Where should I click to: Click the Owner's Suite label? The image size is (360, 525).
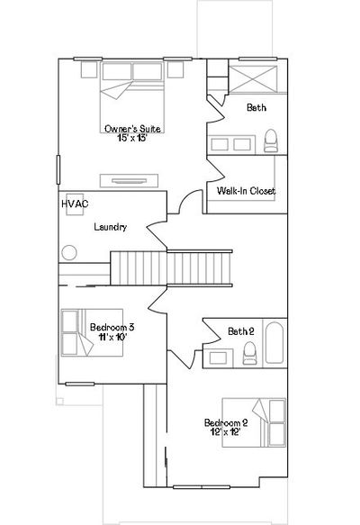[x=132, y=129]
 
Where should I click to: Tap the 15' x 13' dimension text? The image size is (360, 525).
[x=132, y=138]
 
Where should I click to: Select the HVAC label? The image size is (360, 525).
[x=75, y=204]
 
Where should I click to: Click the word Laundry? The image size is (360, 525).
[x=111, y=227]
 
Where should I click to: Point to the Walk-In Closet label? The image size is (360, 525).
[x=246, y=191]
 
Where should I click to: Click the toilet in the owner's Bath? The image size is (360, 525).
[x=271, y=140]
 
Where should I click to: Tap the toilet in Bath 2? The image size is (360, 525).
[x=250, y=353]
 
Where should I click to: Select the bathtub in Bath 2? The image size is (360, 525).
[x=274, y=342]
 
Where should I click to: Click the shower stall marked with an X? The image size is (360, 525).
[x=253, y=78]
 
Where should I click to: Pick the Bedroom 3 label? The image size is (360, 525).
[x=112, y=327]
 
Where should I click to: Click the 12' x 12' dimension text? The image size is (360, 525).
[x=226, y=432]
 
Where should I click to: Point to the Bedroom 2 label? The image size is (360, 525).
[x=226, y=422]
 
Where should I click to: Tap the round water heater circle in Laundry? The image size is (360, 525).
[x=69, y=252]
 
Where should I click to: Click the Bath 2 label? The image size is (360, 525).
[x=241, y=331]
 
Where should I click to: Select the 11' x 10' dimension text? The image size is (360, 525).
[x=112, y=337]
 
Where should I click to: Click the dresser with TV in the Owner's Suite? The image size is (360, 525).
[x=129, y=181]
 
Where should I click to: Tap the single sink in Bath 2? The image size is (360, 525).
[x=219, y=358]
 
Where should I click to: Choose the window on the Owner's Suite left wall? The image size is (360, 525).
[x=58, y=169]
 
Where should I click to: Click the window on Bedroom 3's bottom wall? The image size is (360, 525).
[x=79, y=384]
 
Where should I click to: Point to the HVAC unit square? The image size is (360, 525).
[x=75, y=204]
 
